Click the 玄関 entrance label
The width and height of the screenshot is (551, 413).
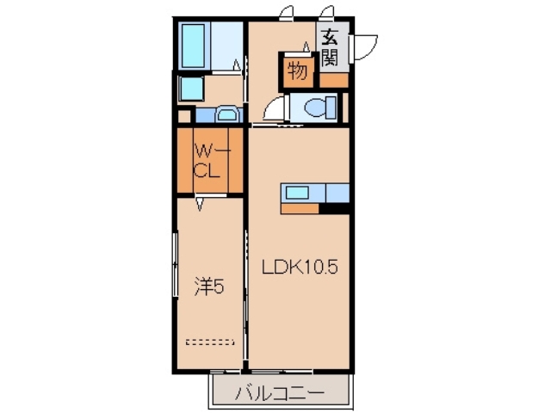click(x=331, y=49)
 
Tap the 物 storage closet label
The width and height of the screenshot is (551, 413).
click(x=298, y=72)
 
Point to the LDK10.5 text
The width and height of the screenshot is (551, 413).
click(x=299, y=268)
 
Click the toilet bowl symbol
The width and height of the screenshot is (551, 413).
click(x=313, y=108)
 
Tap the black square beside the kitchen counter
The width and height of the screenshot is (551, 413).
click(x=337, y=206)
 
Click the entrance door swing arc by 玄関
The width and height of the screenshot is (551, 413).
click(x=367, y=45)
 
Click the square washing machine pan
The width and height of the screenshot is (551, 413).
click(x=190, y=89)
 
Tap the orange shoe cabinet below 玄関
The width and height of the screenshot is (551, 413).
click(x=333, y=80)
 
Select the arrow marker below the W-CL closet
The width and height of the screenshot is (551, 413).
click(x=201, y=204)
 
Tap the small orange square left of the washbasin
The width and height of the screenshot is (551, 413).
click(x=184, y=115)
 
